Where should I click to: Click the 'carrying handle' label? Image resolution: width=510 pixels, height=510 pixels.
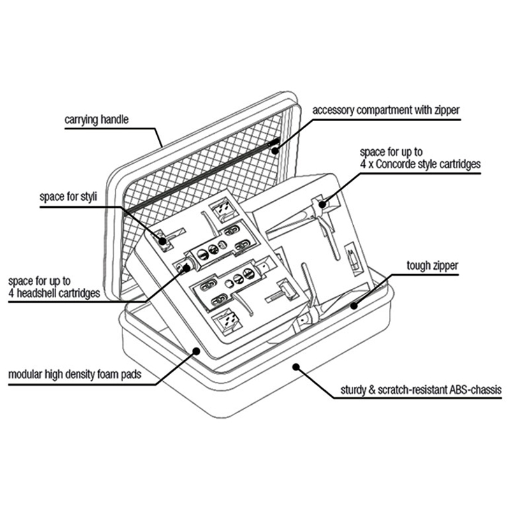(96, 120)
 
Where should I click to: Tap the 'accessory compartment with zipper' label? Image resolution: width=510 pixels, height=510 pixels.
(386, 110)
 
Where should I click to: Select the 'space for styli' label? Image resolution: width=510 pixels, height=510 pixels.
(68, 197)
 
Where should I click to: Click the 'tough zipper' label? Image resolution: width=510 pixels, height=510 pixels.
(432, 265)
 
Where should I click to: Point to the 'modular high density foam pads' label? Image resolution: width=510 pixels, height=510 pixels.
(75, 374)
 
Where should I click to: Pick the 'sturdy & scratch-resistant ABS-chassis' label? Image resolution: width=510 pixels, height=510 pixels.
(421, 390)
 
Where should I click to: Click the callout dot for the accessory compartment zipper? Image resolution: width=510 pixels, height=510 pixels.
(275, 150)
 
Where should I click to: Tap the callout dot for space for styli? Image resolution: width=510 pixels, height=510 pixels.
(162, 241)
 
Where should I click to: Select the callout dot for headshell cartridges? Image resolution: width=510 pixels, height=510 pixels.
(186, 268)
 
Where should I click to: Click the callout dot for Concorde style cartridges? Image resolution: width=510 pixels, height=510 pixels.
(322, 204)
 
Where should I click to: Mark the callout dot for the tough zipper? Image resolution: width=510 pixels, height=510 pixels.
(354, 306)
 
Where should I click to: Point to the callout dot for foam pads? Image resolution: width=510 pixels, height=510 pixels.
(196, 351)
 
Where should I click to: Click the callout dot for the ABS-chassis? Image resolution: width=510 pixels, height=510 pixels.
(296, 367)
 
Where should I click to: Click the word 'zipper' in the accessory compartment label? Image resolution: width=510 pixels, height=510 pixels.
(447, 111)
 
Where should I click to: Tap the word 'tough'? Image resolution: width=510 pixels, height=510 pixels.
(418, 266)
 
